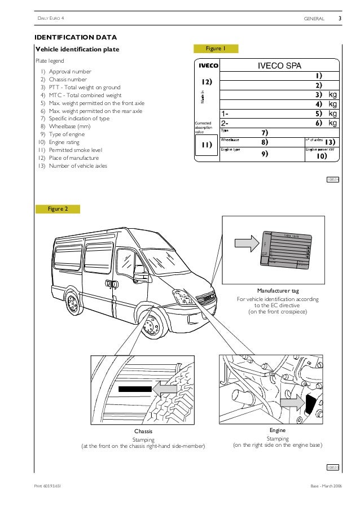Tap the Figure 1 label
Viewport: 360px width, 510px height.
coord(216,49)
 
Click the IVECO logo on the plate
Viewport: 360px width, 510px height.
coord(207,66)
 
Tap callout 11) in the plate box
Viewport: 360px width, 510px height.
coord(206,145)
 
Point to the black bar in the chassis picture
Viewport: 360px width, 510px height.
coord(134,389)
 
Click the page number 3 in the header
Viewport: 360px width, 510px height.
coord(340,19)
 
